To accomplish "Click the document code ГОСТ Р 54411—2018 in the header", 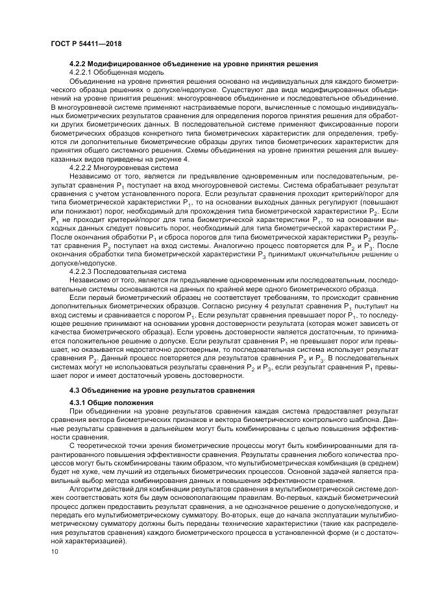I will click(x=86, y=43).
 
